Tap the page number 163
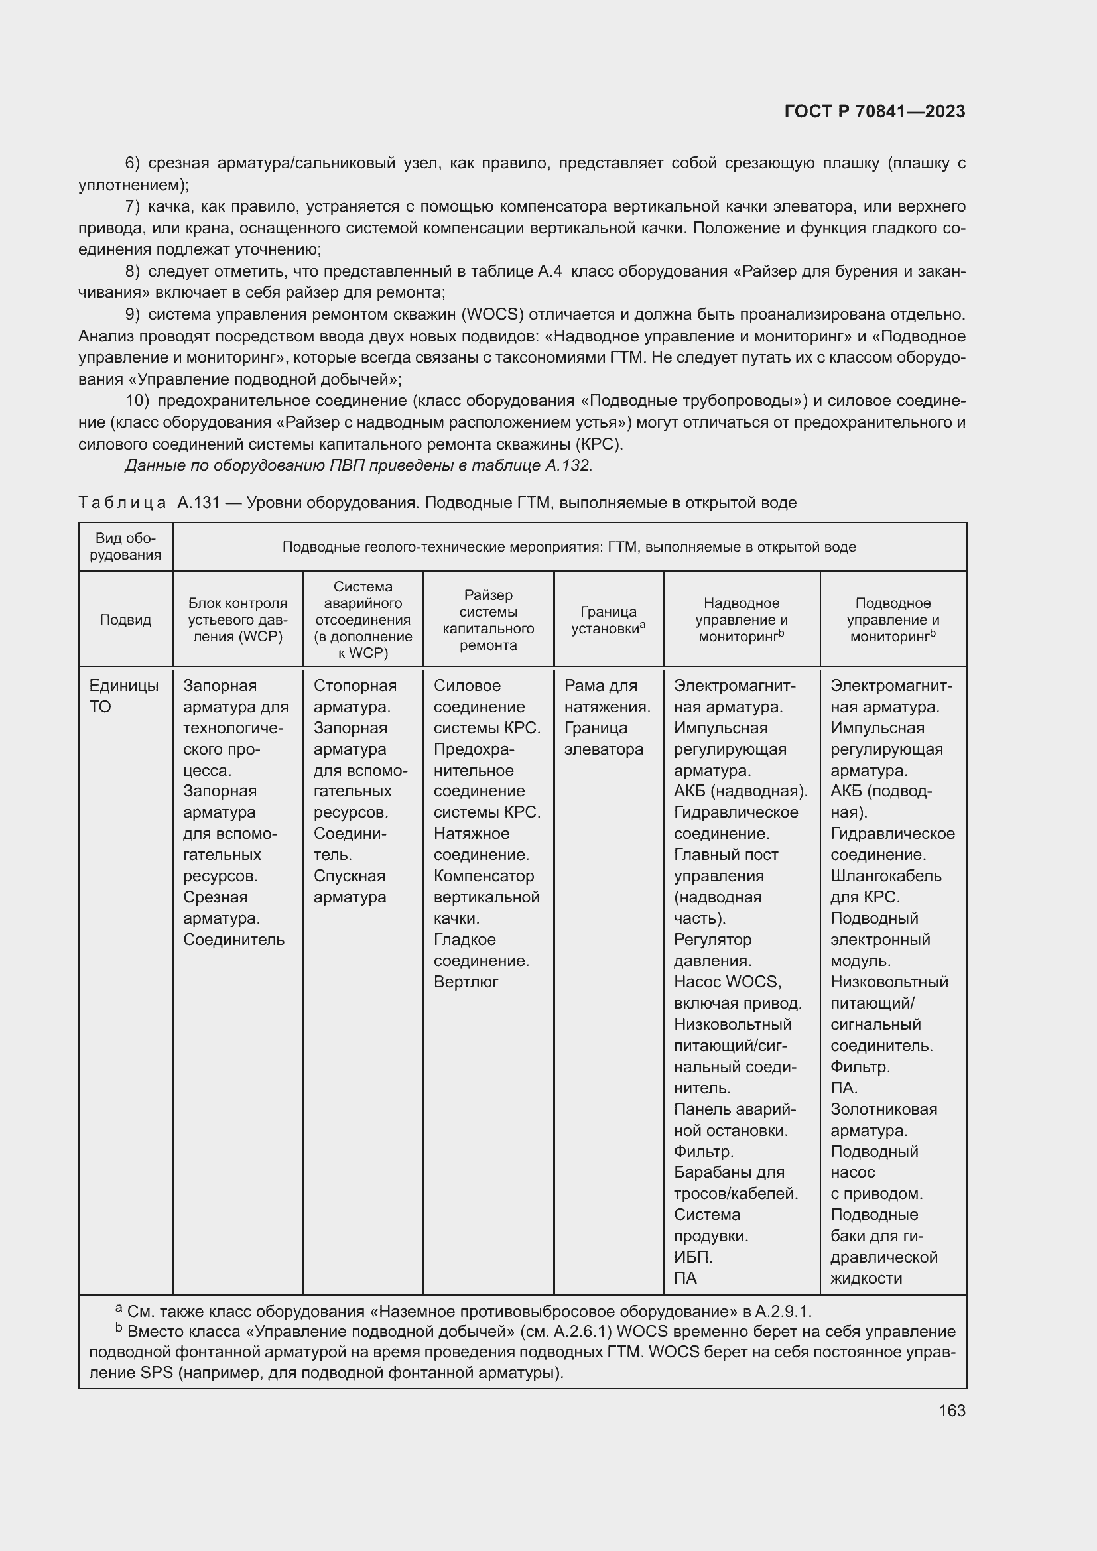(x=952, y=1410)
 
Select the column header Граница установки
(x=608, y=619)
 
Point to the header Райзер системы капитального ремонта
(x=487, y=619)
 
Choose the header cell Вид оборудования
(x=125, y=546)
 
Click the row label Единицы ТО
(x=123, y=696)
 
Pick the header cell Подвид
(x=125, y=619)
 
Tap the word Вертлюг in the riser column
(x=466, y=982)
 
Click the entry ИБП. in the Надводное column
(x=693, y=1257)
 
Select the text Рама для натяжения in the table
(x=607, y=696)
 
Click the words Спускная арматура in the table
(x=350, y=887)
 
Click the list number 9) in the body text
(x=133, y=314)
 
